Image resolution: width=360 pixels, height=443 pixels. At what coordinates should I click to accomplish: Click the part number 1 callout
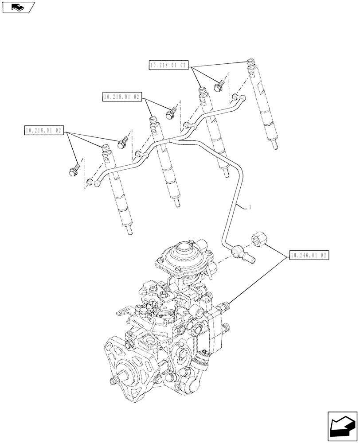tap(250, 207)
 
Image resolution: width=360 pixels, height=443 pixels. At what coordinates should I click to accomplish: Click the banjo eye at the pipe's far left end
tap(92, 182)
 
